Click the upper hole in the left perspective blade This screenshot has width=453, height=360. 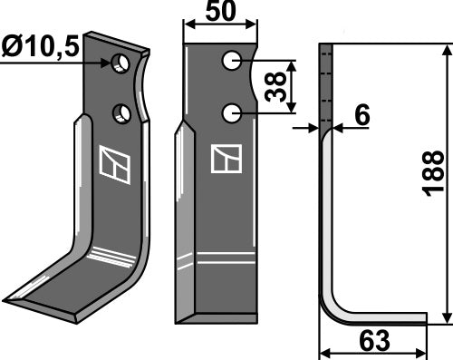tap(120, 64)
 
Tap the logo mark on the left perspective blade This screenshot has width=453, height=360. tap(116, 164)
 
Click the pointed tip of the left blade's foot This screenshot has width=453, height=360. tap(7, 298)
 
